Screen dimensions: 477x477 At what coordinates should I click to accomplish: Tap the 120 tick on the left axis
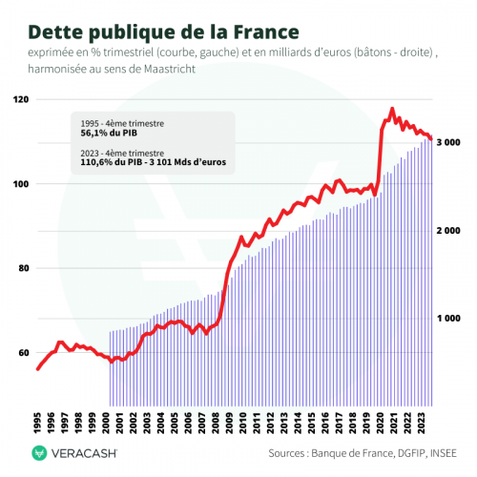[x=20, y=100]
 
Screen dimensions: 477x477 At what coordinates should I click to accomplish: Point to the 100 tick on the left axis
[x=20, y=184]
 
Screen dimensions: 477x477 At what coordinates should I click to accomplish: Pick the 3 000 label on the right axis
[x=449, y=142]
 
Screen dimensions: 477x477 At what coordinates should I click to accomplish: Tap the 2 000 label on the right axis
[x=449, y=231]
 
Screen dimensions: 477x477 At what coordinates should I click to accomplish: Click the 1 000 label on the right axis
[x=449, y=318]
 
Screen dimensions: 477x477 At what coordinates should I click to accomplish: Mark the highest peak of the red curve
[x=391, y=109]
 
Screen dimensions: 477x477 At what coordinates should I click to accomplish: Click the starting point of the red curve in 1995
[x=38, y=369]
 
